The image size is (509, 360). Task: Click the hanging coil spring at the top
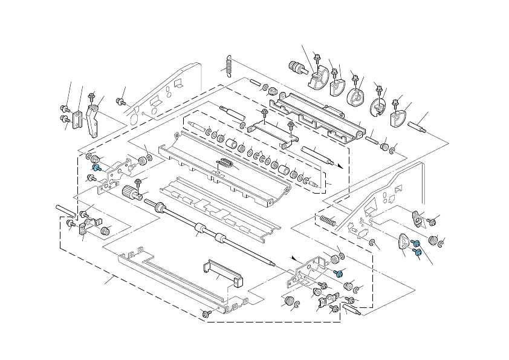pyautogui.click(x=229, y=66)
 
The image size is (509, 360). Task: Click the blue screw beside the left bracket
pyautogui.click(x=96, y=167)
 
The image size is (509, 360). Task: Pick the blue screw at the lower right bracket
pyautogui.click(x=340, y=273)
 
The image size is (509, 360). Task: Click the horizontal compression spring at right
pyautogui.click(x=326, y=218)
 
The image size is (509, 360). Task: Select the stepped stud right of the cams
pyautogui.click(x=418, y=127)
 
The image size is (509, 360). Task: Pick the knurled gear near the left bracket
pyautogui.click(x=129, y=194)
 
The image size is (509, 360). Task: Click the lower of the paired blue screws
pyautogui.click(x=418, y=252)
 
